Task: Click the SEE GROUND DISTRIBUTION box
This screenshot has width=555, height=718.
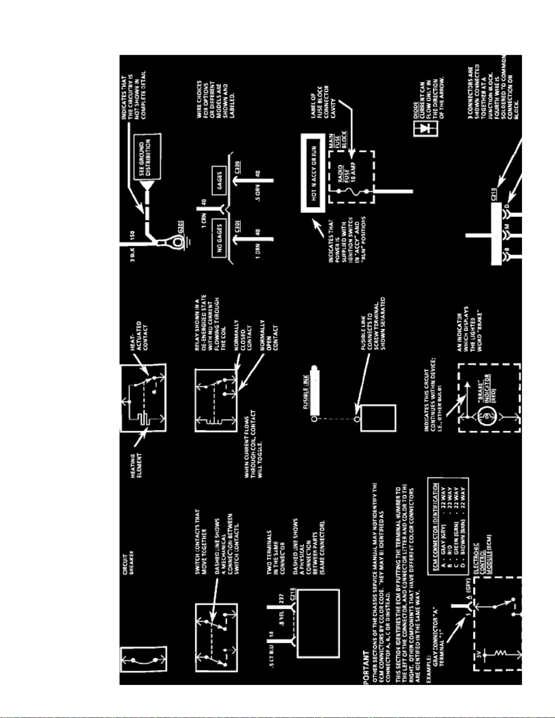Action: [147, 157]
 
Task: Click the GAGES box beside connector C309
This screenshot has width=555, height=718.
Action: [220, 180]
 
